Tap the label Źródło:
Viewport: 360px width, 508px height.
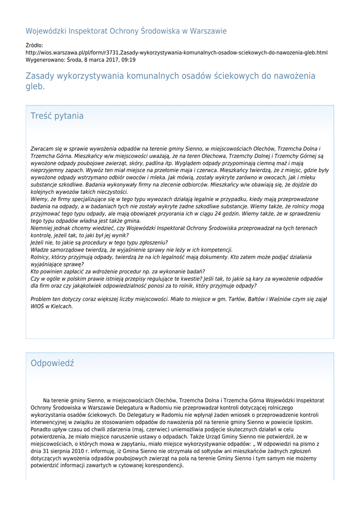34,45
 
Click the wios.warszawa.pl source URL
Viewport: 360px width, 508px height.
176,53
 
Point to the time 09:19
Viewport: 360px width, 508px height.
128,60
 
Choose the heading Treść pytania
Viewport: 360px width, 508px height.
57,116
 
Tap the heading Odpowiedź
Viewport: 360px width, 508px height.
52,363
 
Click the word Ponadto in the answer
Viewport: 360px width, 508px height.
42,430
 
